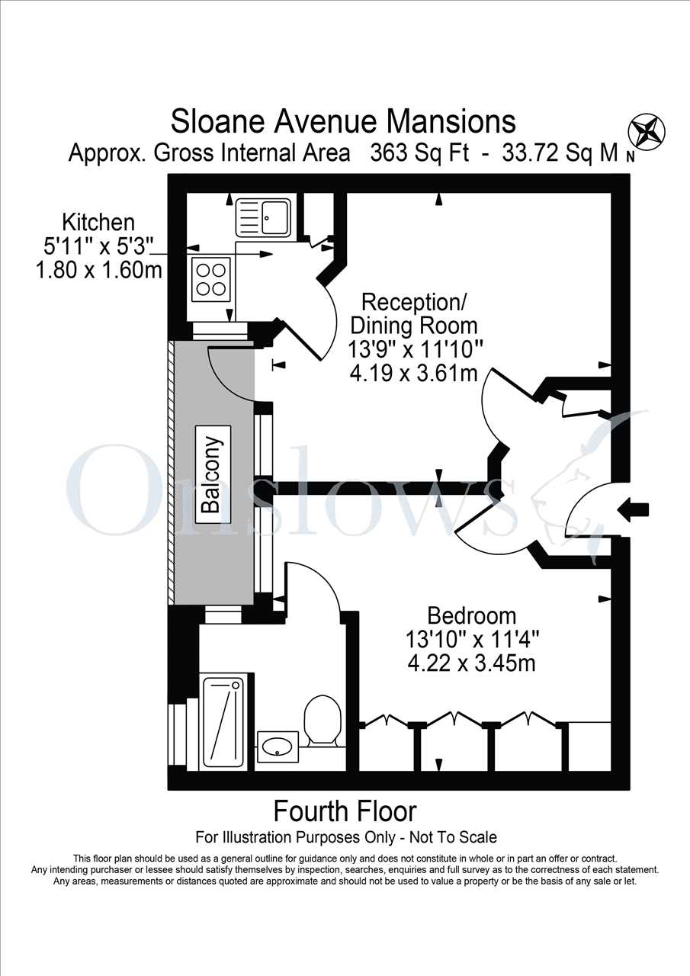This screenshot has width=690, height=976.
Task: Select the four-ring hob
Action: (211, 280)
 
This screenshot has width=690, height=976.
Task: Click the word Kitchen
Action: (98, 222)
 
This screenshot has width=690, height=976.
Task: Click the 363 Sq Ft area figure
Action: (420, 153)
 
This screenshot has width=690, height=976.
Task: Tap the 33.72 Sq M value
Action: (560, 153)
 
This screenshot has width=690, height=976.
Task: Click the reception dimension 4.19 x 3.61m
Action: (414, 373)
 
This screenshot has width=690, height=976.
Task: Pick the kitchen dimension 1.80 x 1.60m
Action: (99, 271)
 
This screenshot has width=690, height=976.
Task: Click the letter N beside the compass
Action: (631, 159)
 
